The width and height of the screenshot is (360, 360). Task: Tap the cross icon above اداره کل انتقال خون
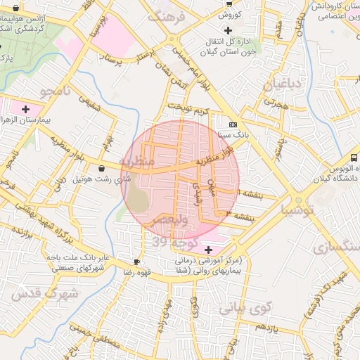pyautogui.click(x=227, y=30)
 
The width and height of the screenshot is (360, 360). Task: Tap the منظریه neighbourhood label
pyautogui.click(x=136, y=161)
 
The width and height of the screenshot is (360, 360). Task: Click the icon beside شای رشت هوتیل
pyautogui.click(x=103, y=168)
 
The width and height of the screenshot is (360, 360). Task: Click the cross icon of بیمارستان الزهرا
pyautogui.click(x=26, y=109)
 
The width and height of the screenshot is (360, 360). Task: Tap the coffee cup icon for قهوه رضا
pyautogui.click(x=127, y=261)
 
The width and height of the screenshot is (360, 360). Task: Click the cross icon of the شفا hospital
pyautogui.click(x=207, y=249)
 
